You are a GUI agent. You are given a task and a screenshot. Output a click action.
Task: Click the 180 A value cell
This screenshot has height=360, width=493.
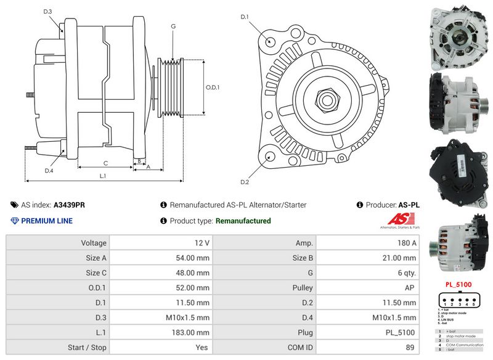(407, 243)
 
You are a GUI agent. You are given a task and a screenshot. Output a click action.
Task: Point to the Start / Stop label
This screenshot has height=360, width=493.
(86, 347)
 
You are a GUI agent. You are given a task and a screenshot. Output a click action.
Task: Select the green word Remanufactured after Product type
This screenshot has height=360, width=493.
(243, 221)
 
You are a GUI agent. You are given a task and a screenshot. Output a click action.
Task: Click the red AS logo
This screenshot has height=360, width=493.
(402, 219)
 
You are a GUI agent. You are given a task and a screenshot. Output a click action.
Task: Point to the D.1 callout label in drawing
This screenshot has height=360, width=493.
(245, 17)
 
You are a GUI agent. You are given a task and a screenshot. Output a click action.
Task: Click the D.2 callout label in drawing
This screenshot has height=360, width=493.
(245, 182)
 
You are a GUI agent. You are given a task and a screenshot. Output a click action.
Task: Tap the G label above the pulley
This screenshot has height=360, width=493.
(173, 27)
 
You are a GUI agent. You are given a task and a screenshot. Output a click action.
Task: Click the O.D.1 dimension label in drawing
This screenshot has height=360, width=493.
(213, 88)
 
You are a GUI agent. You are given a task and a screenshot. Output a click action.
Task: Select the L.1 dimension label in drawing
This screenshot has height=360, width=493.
(103, 176)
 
